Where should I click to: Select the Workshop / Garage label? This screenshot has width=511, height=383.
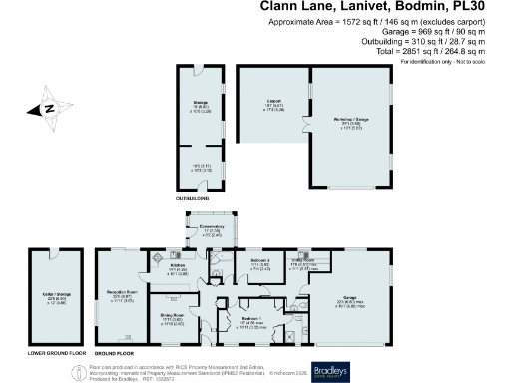(348, 120)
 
